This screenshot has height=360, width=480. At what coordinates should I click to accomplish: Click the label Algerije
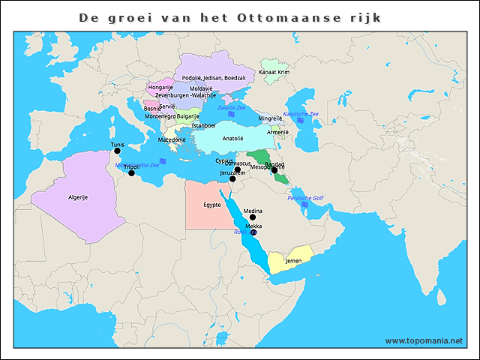pyautogui.click(x=79, y=196)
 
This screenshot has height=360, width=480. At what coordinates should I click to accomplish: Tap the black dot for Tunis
pyautogui.click(x=117, y=151)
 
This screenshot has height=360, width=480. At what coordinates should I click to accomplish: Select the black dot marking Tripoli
pyautogui.click(x=131, y=173)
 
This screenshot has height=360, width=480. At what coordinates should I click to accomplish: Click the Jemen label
pyautogui.click(x=294, y=261)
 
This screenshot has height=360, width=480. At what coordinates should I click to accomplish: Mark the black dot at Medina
pyautogui.click(x=253, y=217)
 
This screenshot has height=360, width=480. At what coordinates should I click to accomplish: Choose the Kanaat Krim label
pyautogui.click(x=274, y=72)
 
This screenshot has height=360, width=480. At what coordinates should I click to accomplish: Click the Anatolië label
pyautogui.click(x=233, y=138)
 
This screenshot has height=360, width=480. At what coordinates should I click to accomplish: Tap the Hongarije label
pyautogui.click(x=160, y=88)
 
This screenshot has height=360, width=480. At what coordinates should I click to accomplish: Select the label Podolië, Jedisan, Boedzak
pyautogui.click(x=214, y=78)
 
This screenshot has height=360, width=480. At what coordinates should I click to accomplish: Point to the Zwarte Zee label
pyautogui.click(x=231, y=108)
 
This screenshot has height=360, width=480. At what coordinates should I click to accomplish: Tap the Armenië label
pyautogui.click(x=278, y=131)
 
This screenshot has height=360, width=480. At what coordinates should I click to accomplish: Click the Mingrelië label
pyautogui.click(x=270, y=118)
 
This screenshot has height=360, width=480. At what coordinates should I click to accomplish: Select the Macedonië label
pyautogui.click(x=172, y=139)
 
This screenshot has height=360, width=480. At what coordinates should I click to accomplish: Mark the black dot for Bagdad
pyautogui.click(x=274, y=170)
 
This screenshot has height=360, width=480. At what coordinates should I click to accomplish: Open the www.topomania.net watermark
pyautogui.click(x=424, y=340)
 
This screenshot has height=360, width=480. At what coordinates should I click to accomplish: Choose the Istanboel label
pyautogui.click(x=203, y=125)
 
